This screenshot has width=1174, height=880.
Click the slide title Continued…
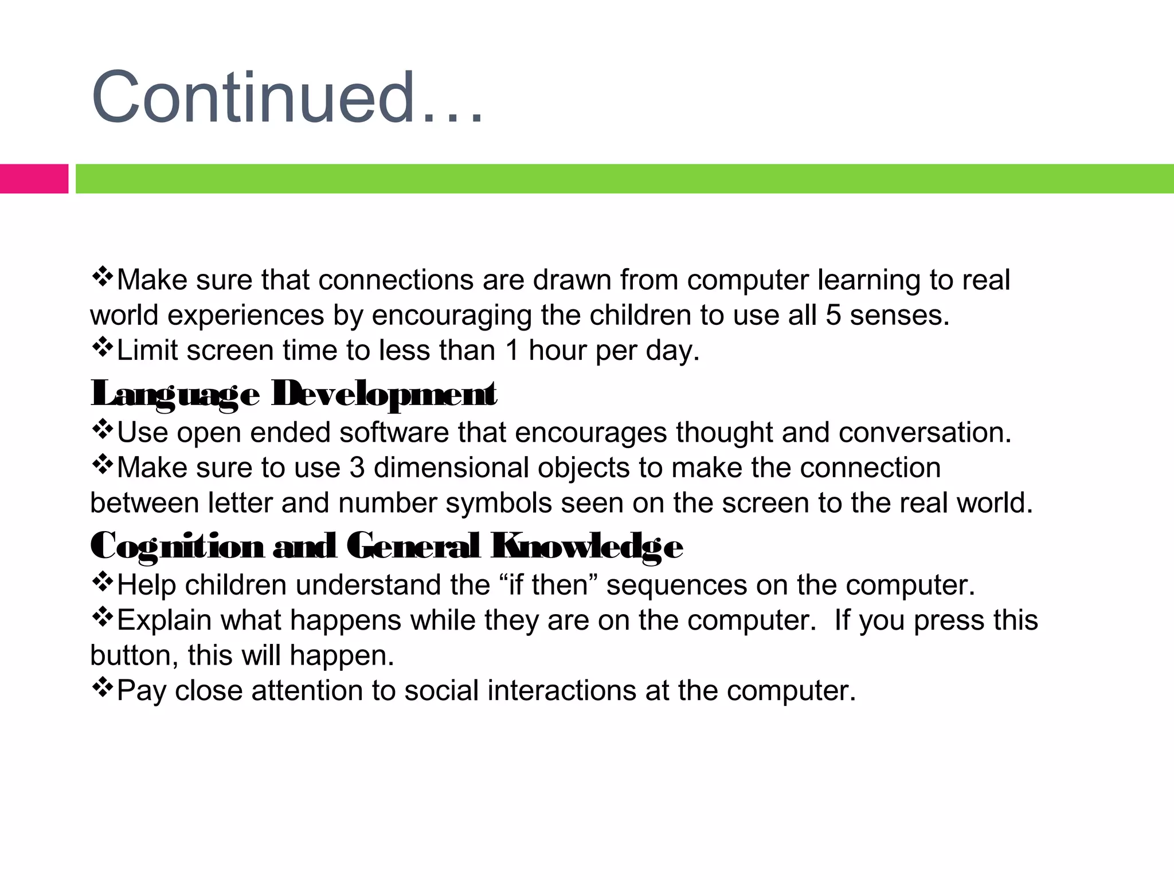(x=287, y=97)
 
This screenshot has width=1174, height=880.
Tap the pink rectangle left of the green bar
(x=34, y=179)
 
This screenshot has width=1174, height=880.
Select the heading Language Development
(x=293, y=394)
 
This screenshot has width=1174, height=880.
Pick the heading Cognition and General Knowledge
(x=386, y=545)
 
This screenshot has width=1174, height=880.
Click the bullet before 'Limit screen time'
(x=102, y=348)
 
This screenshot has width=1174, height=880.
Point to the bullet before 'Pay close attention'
(x=102, y=687)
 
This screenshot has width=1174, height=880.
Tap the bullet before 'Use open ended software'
(x=102, y=430)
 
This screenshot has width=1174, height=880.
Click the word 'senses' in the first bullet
(x=899, y=316)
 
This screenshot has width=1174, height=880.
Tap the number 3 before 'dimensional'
(x=357, y=468)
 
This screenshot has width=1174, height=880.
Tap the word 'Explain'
(x=165, y=620)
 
